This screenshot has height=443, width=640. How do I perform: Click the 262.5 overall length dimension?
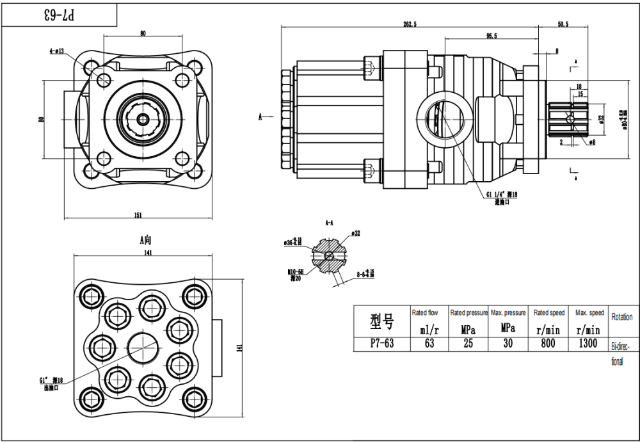click(x=410, y=24)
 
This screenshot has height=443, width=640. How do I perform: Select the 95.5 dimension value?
click(x=492, y=36)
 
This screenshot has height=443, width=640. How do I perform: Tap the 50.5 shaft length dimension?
click(x=563, y=24)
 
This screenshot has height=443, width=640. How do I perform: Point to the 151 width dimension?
click(x=138, y=215)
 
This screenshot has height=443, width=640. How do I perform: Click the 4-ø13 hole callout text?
click(x=56, y=51)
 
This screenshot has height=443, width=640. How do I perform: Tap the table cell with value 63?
click(x=429, y=343)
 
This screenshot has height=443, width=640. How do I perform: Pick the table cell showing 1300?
click(x=587, y=343)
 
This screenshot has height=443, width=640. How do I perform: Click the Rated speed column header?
click(x=549, y=313)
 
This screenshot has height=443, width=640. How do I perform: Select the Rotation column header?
click(x=622, y=317)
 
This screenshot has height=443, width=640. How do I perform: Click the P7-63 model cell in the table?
click(x=382, y=343)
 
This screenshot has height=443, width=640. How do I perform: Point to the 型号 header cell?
click(x=382, y=320)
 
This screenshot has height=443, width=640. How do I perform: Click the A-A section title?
click(x=330, y=223)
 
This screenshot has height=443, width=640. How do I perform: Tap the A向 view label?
click(x=146, y=240)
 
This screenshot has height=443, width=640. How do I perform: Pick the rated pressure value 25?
click(x=468, y=343)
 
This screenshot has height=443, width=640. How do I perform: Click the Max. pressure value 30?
click(x=508, y=343)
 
